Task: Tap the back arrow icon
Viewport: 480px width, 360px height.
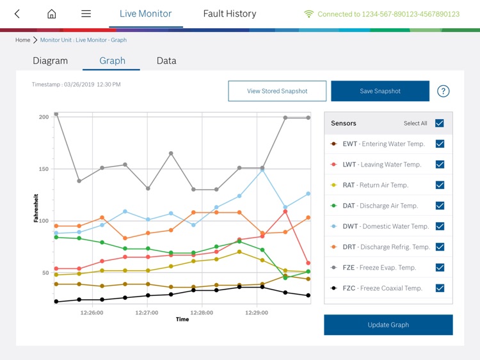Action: click(x=17, y=14)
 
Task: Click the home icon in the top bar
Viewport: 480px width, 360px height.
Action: click(x=52, y=14)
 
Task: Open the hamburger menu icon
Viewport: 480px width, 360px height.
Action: click(x=86, y=14)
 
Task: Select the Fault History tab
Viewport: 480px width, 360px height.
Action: click(x=229, y=13)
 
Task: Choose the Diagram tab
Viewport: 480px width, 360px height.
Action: click(x=50, y=61)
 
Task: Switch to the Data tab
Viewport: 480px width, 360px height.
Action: click(x=166, y=61)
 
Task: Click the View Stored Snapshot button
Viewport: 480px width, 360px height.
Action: click(x=277, y=91)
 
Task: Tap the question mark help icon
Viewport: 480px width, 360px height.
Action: click(x=443, y=91)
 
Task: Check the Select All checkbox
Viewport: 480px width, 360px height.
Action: click(x=440, y=123)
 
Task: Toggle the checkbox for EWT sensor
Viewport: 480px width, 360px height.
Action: click(x=440, y=144)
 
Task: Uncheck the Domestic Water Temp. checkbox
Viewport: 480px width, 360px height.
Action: click(x=440, y=226)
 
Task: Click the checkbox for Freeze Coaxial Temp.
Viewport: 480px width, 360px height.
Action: click(x=440, y=288)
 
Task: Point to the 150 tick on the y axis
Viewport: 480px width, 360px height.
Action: click(x=44, y=169)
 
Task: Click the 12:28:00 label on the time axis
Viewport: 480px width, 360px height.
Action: click(x=202, y=313)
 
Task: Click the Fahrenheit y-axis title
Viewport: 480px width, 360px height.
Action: click(x=36, y=208)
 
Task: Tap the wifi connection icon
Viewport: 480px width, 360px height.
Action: click(x=308, y=14)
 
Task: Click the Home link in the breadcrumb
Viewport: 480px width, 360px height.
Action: click(x=22, y=40)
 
